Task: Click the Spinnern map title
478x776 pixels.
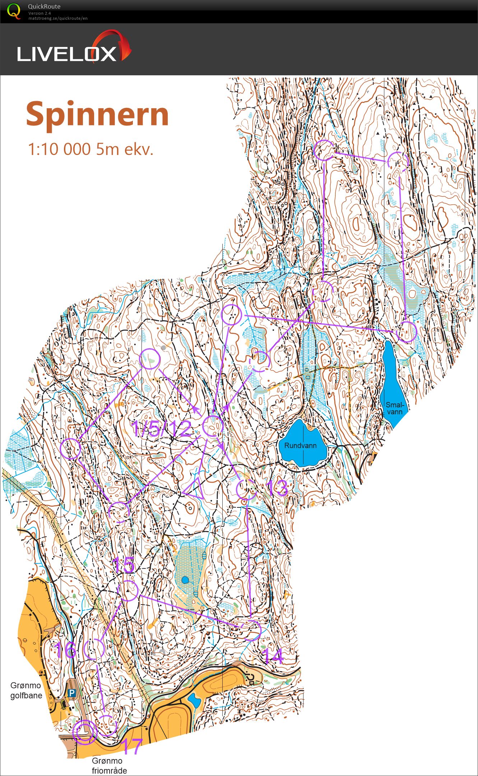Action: click(x=97, y=115)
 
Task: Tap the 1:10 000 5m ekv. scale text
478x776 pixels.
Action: click(x=91, y=149)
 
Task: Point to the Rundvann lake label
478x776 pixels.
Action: click(x=300, y=446)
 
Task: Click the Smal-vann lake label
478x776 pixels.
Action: click(x=394, y=408)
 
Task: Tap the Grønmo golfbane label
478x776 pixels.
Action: click(x=26, y=690)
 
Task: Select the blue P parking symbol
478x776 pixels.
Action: click(x=72, y=693)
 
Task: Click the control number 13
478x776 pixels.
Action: click(x=277, y=488)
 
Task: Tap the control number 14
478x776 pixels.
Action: click(x=273, y=656)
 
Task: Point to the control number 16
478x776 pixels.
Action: click(x=65, y=650)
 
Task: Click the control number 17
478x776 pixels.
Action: click(x=132, y=746)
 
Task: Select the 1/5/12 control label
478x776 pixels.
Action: click(x=161, y=429)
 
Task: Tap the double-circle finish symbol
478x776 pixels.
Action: click(x=85, y=733)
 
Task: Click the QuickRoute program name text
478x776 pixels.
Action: click(x=44, y=6)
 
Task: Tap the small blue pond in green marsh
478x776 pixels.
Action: click(x=185, y=580)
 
